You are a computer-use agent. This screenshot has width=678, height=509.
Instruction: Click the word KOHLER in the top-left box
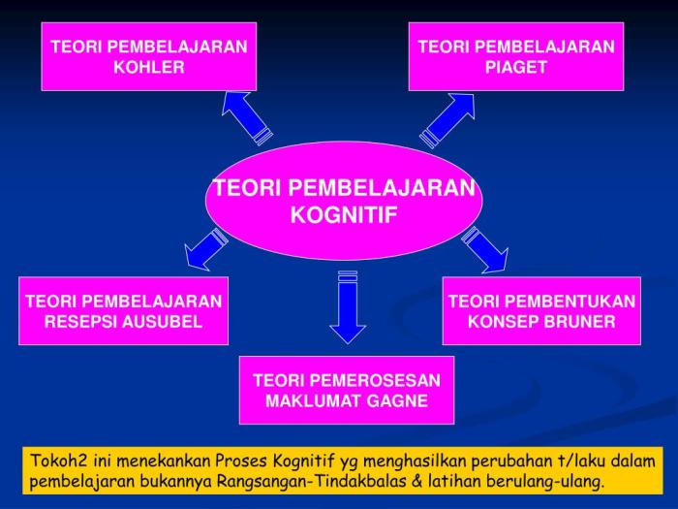coord(149,67)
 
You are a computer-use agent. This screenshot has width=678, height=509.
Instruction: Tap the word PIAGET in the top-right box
coord(516,67)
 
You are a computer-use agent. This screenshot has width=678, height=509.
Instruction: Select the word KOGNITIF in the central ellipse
coord(344,214)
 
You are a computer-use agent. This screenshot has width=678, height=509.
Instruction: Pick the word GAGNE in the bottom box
coord(397,400)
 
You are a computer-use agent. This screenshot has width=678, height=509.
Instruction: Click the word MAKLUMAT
coord(314,400)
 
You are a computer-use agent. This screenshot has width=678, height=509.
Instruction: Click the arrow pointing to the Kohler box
coord(246,117)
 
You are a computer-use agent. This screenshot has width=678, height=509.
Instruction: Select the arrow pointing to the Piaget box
coord(447,120)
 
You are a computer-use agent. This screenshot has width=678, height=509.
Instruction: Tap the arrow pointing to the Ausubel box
coord(205,249)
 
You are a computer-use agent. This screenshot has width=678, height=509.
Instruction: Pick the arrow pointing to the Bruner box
coord(485,250)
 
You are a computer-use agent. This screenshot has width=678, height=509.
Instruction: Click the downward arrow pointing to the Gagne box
coord(348,307)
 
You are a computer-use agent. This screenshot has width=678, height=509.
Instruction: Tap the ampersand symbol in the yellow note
coord(417,481)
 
